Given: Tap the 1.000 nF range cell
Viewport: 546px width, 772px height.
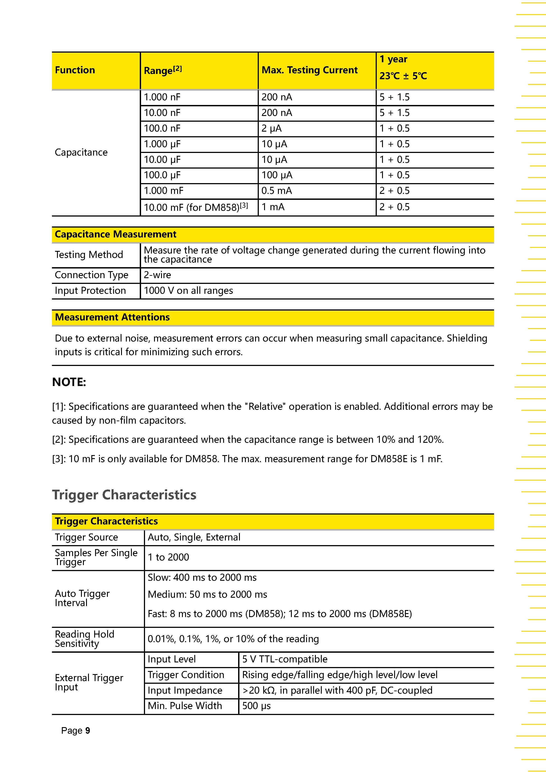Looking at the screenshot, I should point(162,97).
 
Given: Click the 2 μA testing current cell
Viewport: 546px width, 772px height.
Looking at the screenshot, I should point(271,129).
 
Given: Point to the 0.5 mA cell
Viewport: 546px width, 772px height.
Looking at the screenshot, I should point(276,191).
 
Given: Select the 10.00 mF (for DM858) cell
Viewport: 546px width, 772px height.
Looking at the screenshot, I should point(196,207).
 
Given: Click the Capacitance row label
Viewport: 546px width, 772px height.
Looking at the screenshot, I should point(81,152).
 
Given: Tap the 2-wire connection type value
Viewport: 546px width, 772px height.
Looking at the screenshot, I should point(157,275).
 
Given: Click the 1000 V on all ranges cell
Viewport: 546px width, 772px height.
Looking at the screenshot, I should point(188,290).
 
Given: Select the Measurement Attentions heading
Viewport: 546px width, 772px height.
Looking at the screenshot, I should point(112,317).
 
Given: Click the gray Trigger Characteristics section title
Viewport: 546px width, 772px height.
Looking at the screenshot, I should point(124,495).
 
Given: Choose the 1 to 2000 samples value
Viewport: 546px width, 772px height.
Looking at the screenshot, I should point(168,557).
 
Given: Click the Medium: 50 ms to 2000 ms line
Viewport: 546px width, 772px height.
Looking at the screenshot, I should point(207,594).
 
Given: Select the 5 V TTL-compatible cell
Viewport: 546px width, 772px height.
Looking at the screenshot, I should point(284,659).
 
